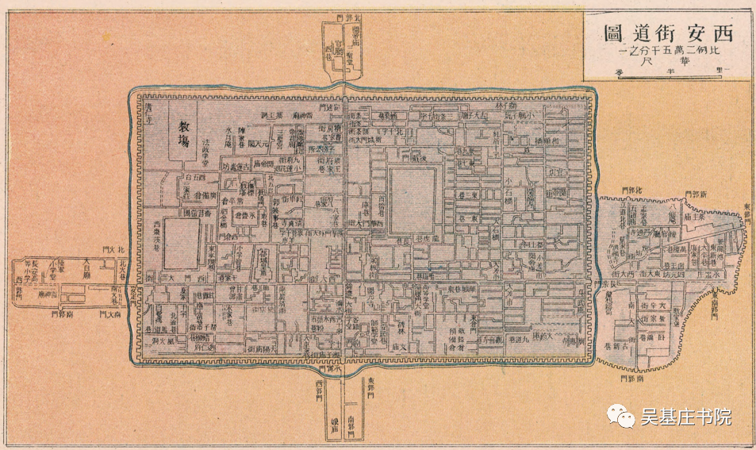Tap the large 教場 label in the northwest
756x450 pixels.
coord(183,134)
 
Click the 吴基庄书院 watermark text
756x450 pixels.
coord(685,416)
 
